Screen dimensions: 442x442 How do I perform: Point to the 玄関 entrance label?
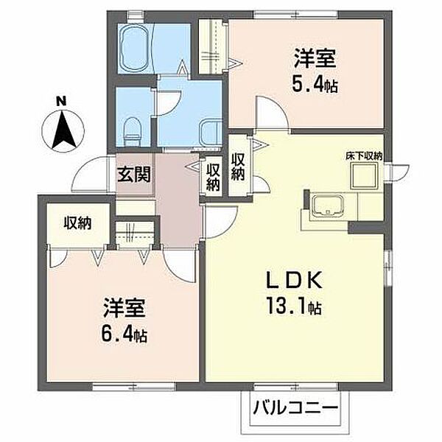134,174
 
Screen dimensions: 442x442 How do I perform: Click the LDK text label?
294,280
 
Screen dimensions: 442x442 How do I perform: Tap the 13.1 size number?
285,307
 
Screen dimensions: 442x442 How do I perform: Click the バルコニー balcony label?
295,407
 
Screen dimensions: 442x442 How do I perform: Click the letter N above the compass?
61,101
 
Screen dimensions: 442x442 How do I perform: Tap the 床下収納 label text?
364,156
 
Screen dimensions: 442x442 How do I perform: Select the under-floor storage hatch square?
364,176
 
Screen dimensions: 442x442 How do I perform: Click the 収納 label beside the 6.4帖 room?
78,223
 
